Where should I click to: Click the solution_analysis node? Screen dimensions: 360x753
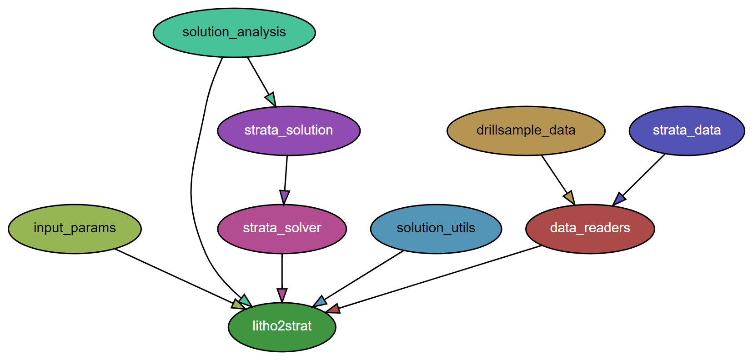click(234, 32)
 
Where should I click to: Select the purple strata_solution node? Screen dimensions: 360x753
click(289, 130)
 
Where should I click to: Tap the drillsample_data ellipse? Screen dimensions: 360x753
click(526, 130)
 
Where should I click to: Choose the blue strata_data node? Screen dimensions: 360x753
click(687, 130)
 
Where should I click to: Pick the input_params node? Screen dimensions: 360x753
click(75, 228)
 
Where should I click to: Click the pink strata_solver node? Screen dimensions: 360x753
click(282, 228)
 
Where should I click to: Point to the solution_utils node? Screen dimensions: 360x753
click(436, 228)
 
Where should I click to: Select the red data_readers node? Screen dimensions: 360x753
click(590, 228)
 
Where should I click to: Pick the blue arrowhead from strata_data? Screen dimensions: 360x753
click(618, 199)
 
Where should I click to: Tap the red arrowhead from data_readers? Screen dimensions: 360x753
click(333, 310)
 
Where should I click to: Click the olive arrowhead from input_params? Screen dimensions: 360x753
click(238, 305)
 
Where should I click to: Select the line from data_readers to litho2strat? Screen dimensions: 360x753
click(437, 278)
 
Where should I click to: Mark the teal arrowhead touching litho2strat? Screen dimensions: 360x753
click(245, 300)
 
